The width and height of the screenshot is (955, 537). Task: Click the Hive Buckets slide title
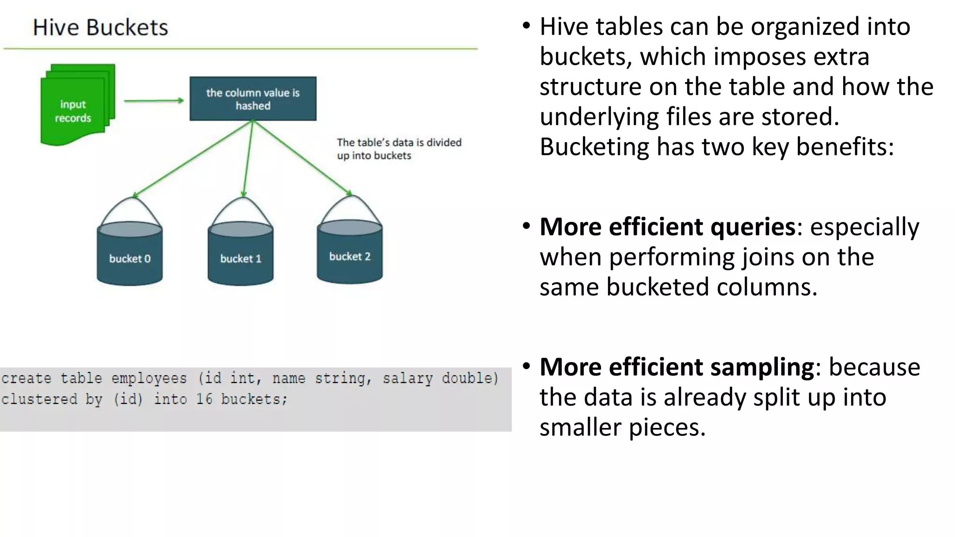tap(100, 28)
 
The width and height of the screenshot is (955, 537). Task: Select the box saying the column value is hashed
tap(253, 99)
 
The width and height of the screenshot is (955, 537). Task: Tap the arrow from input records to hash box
tap(154, 101)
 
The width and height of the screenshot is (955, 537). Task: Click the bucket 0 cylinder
tap(130, 254)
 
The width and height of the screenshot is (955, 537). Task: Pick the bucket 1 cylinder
tap(240, 254)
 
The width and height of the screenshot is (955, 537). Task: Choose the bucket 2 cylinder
tap(350, 252)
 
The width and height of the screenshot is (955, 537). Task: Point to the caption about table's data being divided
tap(399, 149)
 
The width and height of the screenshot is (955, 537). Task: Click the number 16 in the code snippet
tap(204, 399)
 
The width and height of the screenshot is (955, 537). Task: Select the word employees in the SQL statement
tap(149, 378)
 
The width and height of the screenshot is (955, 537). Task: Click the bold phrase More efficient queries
tap(667, 227)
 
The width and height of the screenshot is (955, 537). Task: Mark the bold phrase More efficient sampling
tap(677, 367)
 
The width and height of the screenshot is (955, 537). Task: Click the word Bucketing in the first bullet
tap(594, 147)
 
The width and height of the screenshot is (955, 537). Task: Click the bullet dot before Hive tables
tap(526, 26)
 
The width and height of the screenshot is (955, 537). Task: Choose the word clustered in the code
tap(39, 399)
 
